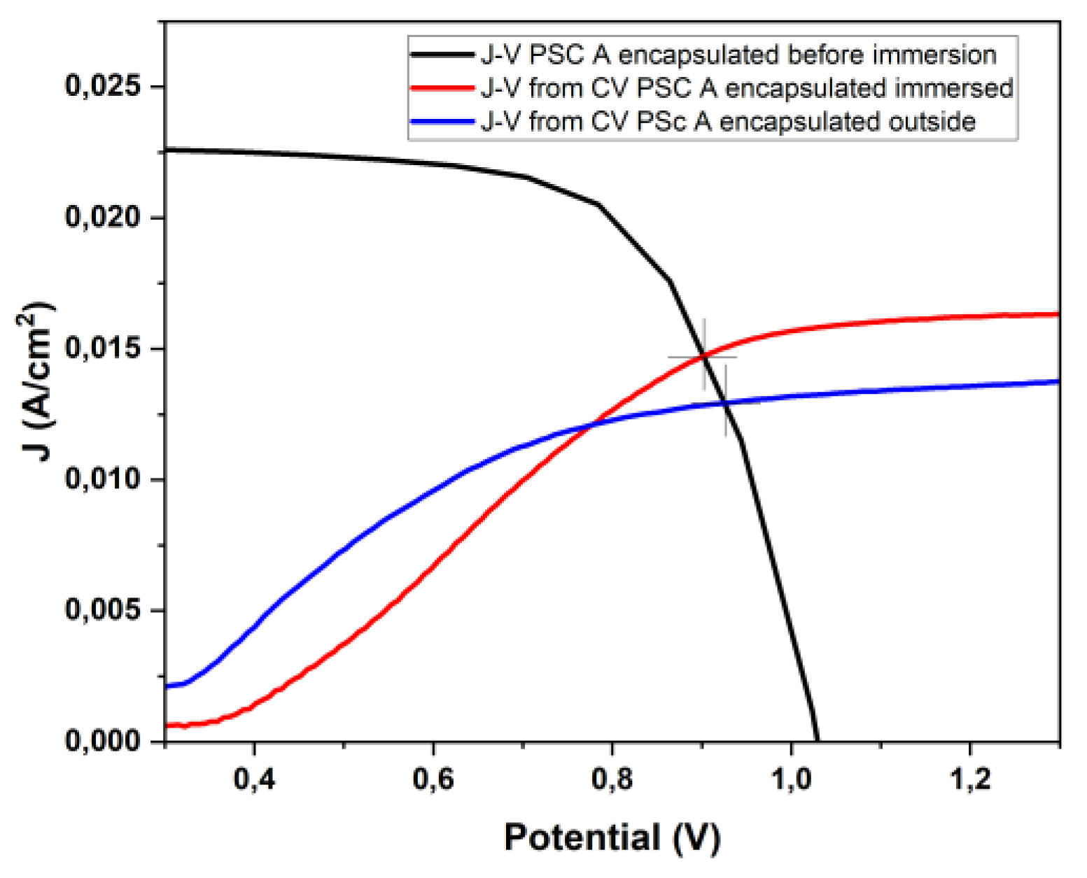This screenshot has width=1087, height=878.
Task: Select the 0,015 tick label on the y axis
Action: pos(103,348)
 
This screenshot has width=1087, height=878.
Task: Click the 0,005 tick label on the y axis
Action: pos(103,609)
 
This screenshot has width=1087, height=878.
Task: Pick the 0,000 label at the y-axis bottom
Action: pos(103,740)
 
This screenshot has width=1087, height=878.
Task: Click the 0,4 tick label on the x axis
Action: pos(254,779)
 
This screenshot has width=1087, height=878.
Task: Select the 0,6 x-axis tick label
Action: pos(433,779)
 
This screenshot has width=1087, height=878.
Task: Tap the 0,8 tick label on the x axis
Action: pos(612,779)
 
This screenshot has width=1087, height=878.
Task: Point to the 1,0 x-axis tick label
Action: pos(792,779)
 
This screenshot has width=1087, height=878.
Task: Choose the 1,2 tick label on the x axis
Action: pos(971,779)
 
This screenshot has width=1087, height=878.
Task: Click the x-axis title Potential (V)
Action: pos(612,837)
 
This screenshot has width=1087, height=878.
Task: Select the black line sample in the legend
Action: pos(442,55)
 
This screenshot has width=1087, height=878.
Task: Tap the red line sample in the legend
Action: pos(442,88)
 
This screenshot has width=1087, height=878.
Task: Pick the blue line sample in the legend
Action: pos(442,122)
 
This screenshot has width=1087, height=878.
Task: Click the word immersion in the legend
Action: pos(934,55)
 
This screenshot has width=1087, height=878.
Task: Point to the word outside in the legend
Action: pos(932,122)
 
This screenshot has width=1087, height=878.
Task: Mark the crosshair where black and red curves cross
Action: pos(703,357)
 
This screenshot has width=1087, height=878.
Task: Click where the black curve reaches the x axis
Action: pos(817,739)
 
